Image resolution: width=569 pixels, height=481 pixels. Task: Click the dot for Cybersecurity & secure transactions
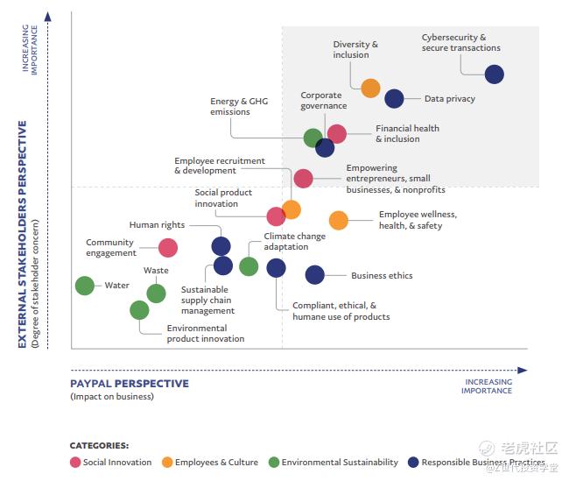pyautogui.click(x=494, y=74)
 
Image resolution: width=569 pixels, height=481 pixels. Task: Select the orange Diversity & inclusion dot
pyautogui.click(x=370, y=88)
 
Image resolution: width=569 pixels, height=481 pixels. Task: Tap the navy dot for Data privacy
pyautogui.click(x=394, y=99)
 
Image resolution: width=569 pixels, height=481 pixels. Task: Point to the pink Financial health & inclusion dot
pyautogui.click(x=336, y=134)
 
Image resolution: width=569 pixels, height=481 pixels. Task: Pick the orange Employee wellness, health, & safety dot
pyautogui.click(x=338, y=220)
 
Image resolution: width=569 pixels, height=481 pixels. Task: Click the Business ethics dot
pyautogui.click(x=314, y=275)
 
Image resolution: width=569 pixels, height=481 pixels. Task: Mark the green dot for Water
pyautogui.click(x=84, y=285)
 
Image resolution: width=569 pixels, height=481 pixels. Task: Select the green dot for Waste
pyautogui.click(x=156, y=294)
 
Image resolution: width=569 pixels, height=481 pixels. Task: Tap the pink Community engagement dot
pyautogui.click(x=168, y=248)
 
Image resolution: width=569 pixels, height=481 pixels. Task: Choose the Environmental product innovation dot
pyautogui.click(x=139, y=309)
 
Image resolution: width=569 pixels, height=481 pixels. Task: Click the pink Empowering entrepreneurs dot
pyautogui.click(x=303, y=179)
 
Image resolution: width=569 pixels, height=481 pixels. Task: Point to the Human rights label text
pyautogui.click(x=157, y=225)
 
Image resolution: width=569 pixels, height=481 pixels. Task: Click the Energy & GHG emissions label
pyautogui.click(x=238, y=107)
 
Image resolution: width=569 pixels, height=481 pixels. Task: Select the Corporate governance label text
pyautogui.click(x=323, y=101)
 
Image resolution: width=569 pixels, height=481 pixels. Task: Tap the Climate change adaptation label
pyautogui.click(x=294, y=242)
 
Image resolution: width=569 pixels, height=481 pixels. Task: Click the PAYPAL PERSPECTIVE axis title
pyautogui.click(x=130, y=384)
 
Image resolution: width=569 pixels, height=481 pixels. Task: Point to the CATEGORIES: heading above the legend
pyautogui.click(x=99, y=445)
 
